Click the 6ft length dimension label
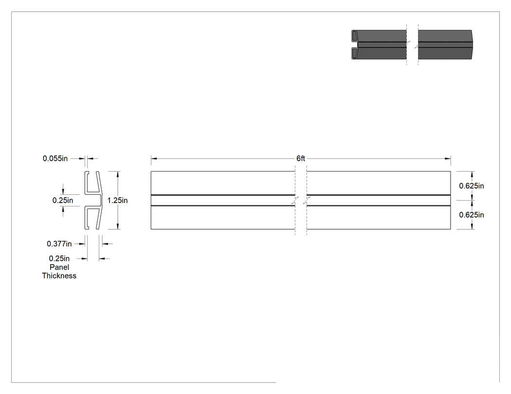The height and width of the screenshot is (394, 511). pos(300,158)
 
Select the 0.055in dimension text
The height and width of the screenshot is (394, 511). pos(55,158)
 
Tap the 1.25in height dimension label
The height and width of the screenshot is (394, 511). pos(117,201)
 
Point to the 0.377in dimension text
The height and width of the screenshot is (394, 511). pos(59,244)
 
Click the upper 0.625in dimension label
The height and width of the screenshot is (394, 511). pos(471,186)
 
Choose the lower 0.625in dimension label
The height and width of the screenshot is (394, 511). pos(471,215)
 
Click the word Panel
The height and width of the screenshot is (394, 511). pos(59,267)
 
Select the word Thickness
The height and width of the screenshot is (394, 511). pos(59,276)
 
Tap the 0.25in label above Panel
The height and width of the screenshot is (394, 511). pos(59,258)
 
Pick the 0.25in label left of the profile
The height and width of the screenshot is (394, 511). pos(63,201)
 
